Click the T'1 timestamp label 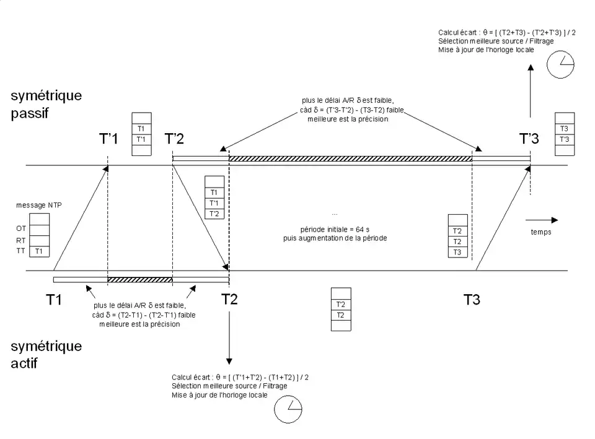[108, 138]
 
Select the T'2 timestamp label [174, 138]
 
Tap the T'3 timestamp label [529, 138]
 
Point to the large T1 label [54, 300]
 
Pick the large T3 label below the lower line [472, 300]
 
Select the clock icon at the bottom [289, 408]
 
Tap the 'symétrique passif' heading [46, 105]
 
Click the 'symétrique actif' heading [46, 354]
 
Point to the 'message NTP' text [39, 205]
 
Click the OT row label [21, 228]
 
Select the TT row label [21, 251]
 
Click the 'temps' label [540, 232]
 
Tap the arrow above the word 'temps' [542, 220]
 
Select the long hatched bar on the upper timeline [350, 159]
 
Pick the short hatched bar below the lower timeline [140, 280]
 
